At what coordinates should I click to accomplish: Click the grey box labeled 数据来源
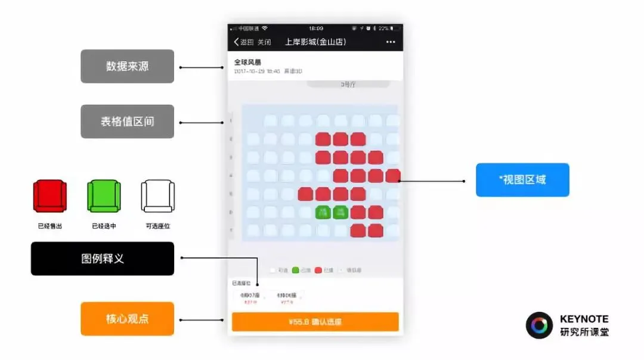[127, 66]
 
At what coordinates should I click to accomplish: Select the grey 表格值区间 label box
[127, 122]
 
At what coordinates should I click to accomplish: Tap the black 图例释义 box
[103, 259]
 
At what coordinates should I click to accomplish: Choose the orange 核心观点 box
[127, 318]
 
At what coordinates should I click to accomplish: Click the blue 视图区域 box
[522, 180]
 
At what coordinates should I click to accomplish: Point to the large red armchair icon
[49, 195]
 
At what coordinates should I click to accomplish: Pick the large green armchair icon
[104, 195]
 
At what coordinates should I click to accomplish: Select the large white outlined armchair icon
[157, 195]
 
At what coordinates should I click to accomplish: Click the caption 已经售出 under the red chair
[49, 226]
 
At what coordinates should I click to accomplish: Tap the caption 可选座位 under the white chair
[157, 226]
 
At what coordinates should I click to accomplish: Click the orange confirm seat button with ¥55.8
[315, 322]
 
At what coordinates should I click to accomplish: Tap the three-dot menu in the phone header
[391, 42]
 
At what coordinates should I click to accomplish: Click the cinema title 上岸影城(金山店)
[315, 42]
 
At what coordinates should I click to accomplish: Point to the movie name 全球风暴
[247, 61]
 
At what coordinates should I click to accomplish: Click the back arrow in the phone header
[237, 42]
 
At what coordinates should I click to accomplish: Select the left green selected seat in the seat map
[323, 212]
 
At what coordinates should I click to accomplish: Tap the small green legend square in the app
[296, 270]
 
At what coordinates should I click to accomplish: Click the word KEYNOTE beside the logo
[584, 319]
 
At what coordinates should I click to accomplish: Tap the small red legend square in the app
[318, 270]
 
